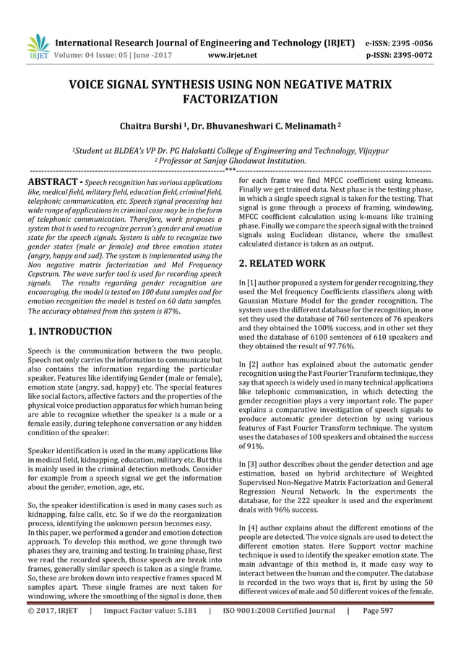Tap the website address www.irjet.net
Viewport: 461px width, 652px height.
pyautogui.click(x=228, y=53)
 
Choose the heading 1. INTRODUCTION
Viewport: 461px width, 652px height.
pyautogui.click(x=69, y=332)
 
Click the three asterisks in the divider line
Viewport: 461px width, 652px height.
pyautogui.click(x=231, y=171)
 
